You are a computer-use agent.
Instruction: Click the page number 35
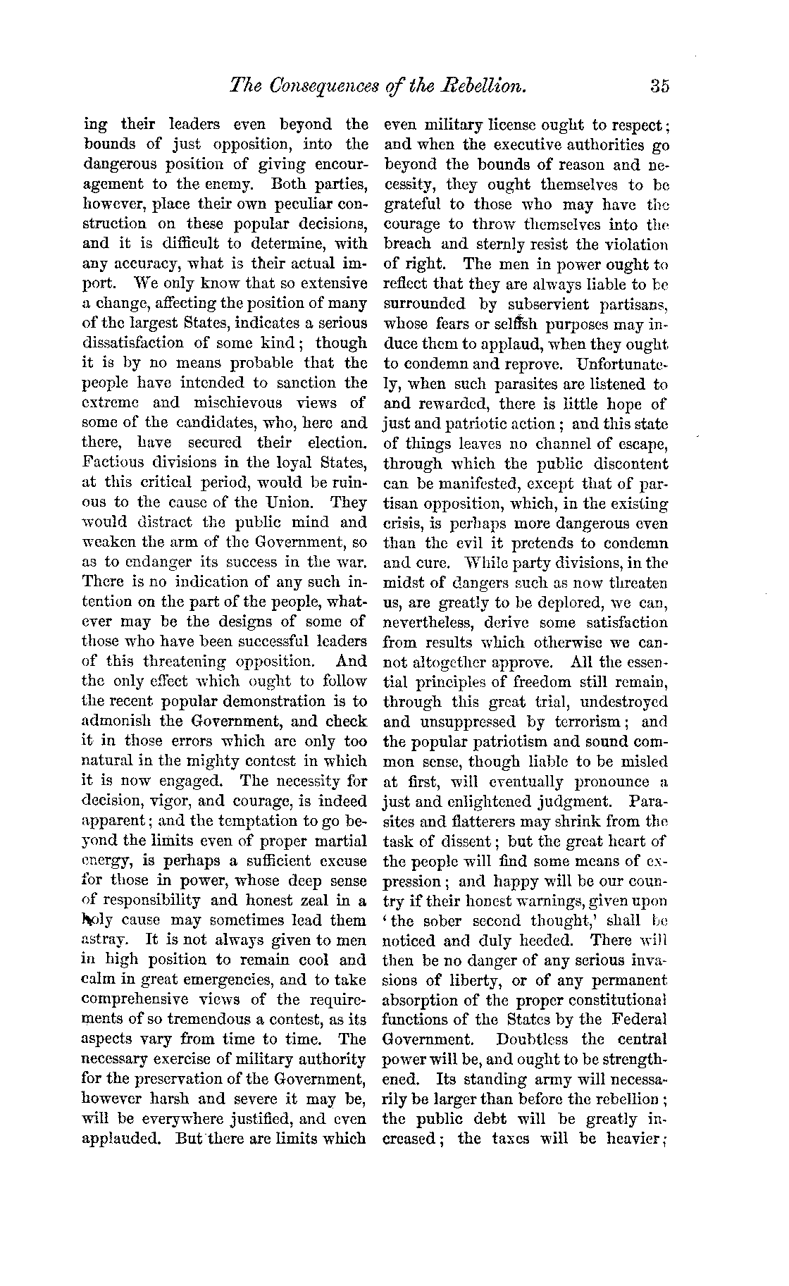pos(659,86)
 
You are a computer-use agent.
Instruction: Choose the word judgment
pos(568,801)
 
